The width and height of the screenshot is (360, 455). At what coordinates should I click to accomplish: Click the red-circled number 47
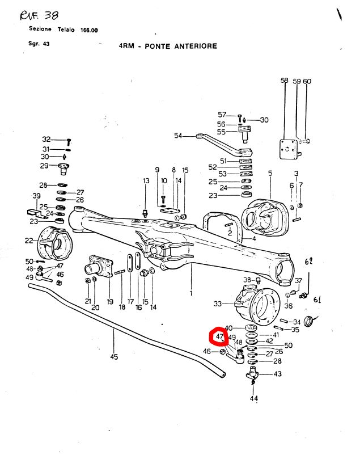218,338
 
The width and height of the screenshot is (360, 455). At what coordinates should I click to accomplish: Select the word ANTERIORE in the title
194,46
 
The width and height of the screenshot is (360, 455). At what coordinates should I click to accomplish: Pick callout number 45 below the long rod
114,357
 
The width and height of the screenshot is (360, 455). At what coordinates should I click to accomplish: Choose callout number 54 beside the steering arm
178,136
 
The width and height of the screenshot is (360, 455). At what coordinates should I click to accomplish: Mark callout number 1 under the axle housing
191,293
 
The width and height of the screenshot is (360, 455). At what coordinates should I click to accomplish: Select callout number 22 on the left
29,241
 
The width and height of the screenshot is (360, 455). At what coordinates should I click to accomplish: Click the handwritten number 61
317,300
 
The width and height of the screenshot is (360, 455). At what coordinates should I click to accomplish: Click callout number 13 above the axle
146,181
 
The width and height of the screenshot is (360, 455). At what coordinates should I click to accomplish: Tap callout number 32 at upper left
46,140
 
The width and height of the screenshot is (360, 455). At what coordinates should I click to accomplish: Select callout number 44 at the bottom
253,398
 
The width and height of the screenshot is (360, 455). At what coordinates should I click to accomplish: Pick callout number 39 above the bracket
37,196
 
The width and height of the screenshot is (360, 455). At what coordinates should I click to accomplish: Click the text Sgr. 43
39,43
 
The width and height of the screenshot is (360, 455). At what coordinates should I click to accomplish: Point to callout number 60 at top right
307,82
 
